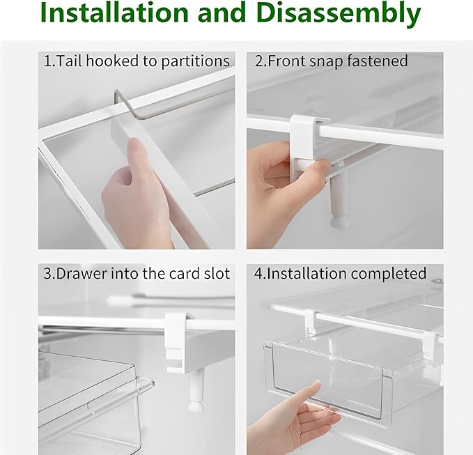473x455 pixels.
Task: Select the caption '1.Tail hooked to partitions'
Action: pos(137,61)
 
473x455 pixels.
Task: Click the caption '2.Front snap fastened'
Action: pos(331,61)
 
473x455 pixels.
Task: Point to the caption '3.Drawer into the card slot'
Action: pos(137,273)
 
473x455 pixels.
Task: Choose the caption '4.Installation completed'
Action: pos(340,273)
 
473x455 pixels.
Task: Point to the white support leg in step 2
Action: pos(339,202)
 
